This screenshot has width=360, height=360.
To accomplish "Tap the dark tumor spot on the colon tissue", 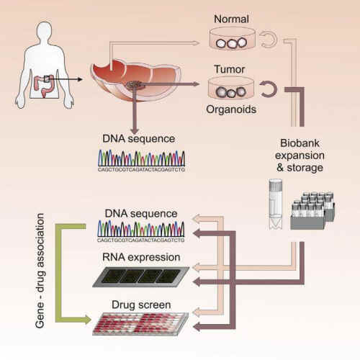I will click(x=135, y=86).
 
